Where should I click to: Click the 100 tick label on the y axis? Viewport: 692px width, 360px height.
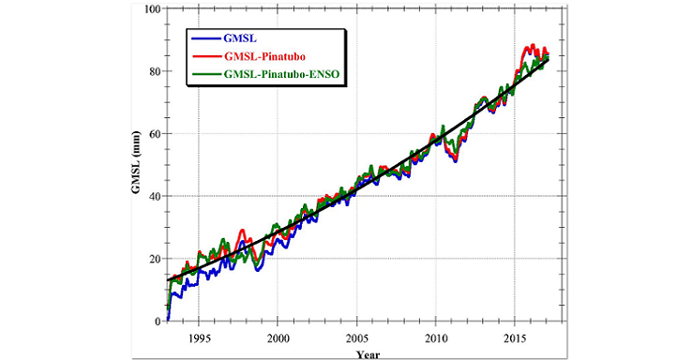pos(153,8)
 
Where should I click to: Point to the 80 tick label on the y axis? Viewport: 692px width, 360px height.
pos(156,71)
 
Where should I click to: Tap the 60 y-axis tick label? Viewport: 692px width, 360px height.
pos(156,134)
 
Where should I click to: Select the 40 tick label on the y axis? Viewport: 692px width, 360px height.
pos(156,196)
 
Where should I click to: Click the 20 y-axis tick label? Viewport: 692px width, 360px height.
pos(156,259)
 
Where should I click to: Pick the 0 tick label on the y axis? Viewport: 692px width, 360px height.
pos(158,322)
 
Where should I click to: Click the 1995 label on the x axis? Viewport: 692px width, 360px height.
pos(199,338)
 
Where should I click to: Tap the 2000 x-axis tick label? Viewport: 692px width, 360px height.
pos(278,338)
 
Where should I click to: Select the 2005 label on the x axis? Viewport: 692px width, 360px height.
pos(356,338)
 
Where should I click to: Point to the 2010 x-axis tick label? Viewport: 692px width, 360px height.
pos(436,338)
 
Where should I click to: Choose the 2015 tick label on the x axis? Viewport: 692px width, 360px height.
pos(515,338)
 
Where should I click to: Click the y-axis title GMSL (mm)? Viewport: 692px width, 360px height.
pos(136,163)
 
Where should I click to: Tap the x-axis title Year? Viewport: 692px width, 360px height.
pos(368,354)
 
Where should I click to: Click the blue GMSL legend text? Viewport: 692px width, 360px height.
pos(240,38)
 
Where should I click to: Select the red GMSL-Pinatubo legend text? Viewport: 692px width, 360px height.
pos(264,56)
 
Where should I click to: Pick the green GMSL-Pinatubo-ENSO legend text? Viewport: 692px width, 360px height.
pos(281,74)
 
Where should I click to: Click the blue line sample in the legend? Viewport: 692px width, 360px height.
pos(205,38)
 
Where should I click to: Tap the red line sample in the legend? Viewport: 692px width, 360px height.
pos(205,56)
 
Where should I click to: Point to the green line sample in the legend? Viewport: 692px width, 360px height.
pos(205,74)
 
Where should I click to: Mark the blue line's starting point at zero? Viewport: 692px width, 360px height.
pos(168,320)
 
